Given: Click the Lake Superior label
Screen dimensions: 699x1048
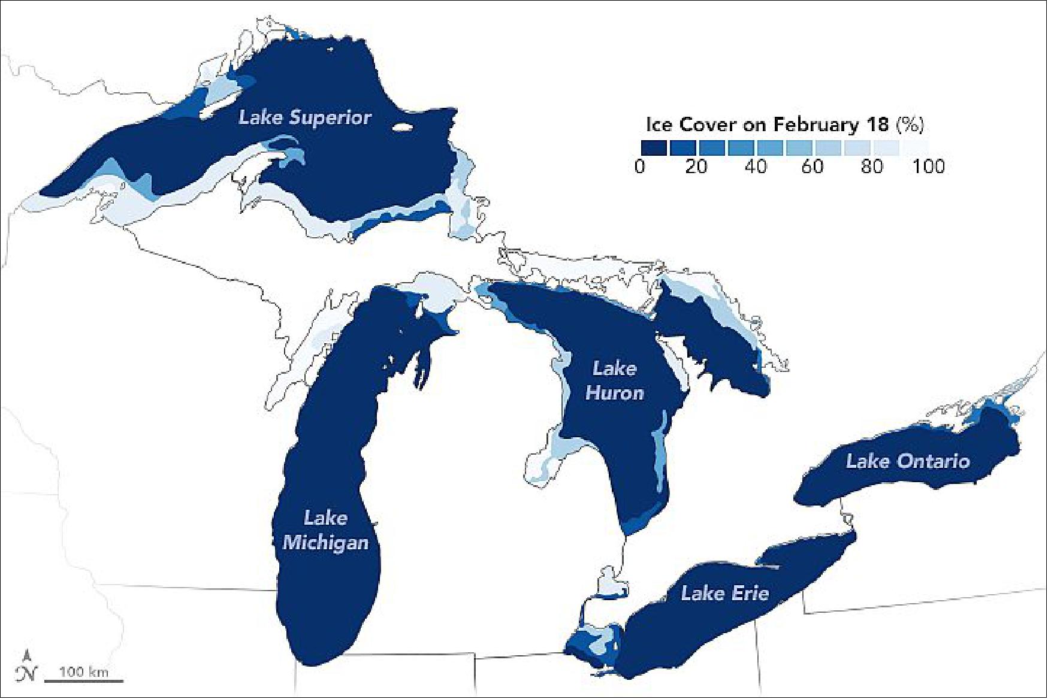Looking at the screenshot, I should [305, 117].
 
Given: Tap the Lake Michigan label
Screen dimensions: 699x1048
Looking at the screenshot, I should [325, 530].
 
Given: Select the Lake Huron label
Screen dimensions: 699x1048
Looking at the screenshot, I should [614, 380].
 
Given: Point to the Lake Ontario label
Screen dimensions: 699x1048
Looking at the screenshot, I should [908, 461].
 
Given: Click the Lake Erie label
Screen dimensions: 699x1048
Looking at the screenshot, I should [724, 593].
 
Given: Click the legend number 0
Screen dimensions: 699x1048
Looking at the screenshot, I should [641, 166].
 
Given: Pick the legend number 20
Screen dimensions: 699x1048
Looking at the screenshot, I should [696, 166].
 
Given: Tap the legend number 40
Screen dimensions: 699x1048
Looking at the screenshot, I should [755, 166].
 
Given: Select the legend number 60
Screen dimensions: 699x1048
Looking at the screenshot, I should [813, 166].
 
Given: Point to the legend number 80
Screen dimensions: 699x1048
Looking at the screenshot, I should [872, 166].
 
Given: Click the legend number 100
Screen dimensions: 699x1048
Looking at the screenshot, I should [928, 166].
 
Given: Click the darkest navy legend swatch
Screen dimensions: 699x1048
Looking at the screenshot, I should [653, 147].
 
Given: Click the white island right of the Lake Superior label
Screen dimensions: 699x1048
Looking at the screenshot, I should [403, 127].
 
